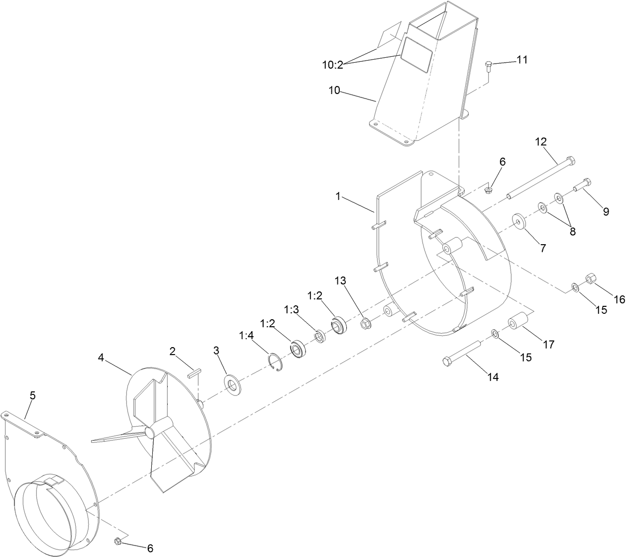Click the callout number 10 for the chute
(335, 91)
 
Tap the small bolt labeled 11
(488, 66)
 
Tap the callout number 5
(33, 396)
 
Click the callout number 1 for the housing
(338, 196)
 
